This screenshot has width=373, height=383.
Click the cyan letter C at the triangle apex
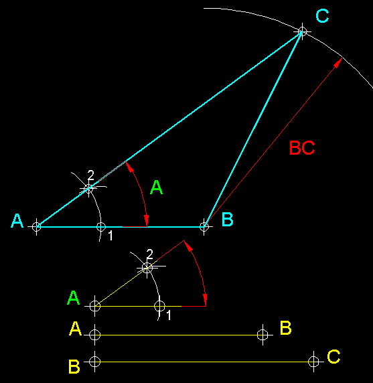(322, 16)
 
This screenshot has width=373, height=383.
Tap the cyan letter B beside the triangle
(228, 219)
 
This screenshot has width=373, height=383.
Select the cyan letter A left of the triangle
(17, 220)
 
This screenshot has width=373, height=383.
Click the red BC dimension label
(302, 147)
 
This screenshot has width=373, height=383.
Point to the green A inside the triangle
(156, 187)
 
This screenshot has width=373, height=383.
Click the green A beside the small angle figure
(73, 297)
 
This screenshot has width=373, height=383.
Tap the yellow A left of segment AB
(75, 329)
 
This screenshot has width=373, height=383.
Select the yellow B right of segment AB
(285, 327)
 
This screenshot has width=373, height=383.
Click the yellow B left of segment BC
(74, 366)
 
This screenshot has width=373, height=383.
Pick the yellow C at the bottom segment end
(333, 356)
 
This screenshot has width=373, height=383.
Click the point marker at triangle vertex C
(303, 31)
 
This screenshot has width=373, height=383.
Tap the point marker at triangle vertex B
(204, 227)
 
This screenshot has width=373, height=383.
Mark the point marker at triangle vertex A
(37, 227)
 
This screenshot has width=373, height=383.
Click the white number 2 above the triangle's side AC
(90, 175)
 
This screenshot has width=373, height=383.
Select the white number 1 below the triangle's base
(110, 236)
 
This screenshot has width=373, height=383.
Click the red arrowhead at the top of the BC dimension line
(338, 62)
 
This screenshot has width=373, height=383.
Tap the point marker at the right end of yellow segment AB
(263, 335)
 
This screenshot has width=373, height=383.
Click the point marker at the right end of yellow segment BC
(313, 362)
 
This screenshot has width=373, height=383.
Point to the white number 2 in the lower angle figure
(149, 254)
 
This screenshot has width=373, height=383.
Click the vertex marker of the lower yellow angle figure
(95, 306)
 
